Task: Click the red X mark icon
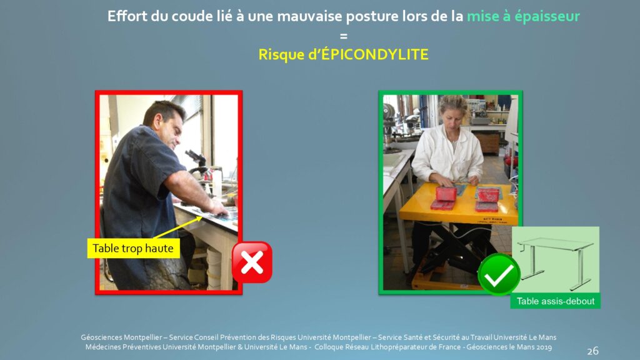252,262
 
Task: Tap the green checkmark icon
499,274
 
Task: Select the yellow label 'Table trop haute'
133,248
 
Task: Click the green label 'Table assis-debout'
555,301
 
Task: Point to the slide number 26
592,351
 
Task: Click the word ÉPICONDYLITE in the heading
375,54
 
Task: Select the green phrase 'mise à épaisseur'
523,16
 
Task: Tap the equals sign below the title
344,36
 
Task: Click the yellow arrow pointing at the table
178,227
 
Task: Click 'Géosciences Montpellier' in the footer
122,337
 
